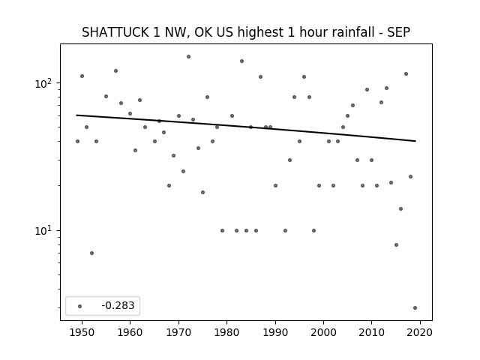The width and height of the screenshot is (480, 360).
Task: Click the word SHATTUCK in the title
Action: tap(115, 32)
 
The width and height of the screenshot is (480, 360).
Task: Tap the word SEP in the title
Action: tap(398, 32)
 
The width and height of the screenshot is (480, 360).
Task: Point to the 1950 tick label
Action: tap(82, 332)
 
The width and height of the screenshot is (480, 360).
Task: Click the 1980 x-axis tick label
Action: tap(226, 332)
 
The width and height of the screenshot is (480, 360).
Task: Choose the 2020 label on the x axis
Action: tap(420, 332)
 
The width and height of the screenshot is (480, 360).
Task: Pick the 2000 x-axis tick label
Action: tap(323, 332)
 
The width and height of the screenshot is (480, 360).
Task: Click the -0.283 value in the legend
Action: tap(118, 305)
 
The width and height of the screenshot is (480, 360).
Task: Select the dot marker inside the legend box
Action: tap(80, 306)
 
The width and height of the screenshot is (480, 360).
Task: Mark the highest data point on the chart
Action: tap(188, 57)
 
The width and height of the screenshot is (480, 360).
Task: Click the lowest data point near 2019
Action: tap(415, 308)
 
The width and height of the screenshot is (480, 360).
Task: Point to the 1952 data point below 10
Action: tap(91, 253)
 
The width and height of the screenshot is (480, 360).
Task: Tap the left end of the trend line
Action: tap(76, 115)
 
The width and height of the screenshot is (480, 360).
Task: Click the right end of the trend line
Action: tap(415, 141)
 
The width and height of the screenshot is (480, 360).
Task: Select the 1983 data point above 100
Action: tap(241, 61)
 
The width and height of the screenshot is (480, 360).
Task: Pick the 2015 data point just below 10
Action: tap(397, 245)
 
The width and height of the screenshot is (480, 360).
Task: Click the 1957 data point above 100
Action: tap(115, 71)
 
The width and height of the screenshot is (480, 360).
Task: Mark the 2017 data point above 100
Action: tap(406, 73)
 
